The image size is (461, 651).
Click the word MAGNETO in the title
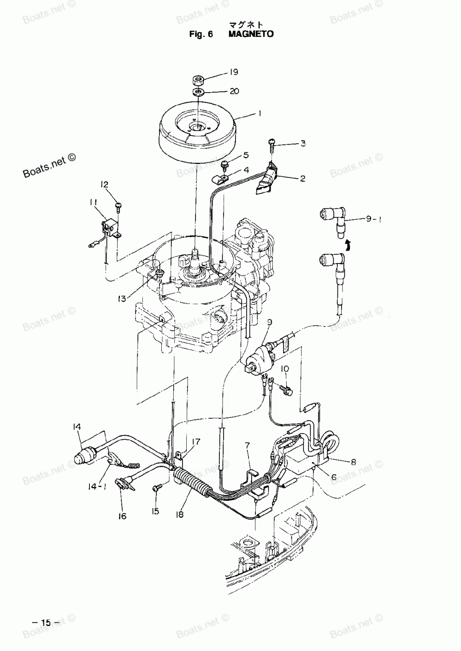[251, 34]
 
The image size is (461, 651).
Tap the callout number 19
[234, 72]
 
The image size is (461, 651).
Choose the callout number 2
[302, 178]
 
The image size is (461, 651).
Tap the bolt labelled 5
[225, 164]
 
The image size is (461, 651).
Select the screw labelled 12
[118, 205]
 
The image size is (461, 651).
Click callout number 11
[94, 202]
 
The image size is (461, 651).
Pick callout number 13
[121, 299]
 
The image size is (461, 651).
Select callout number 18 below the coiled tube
[180, 515]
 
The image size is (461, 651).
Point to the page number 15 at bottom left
[44, 622]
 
